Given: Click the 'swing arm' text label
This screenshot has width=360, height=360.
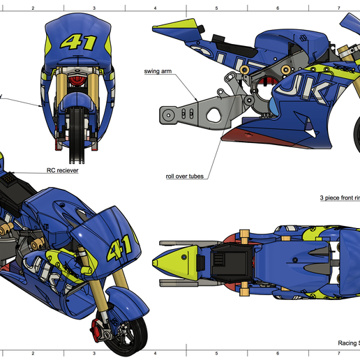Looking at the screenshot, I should click(x=160, y=71).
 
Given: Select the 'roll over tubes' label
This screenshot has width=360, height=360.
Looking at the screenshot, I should click(x=185, y=177).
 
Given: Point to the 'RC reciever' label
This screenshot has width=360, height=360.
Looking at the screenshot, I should click(x=62, y=170).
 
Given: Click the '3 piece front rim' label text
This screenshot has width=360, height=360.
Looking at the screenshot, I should click(x=339, y=198).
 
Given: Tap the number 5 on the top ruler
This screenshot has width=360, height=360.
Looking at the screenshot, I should click(x=216, y=8).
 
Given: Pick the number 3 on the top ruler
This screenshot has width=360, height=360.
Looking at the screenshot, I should click(x=94, y=8).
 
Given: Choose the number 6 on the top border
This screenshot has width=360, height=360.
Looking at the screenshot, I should click(x=278, y=8).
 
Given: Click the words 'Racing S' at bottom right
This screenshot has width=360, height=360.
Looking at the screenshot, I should click(x=348, y=343).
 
